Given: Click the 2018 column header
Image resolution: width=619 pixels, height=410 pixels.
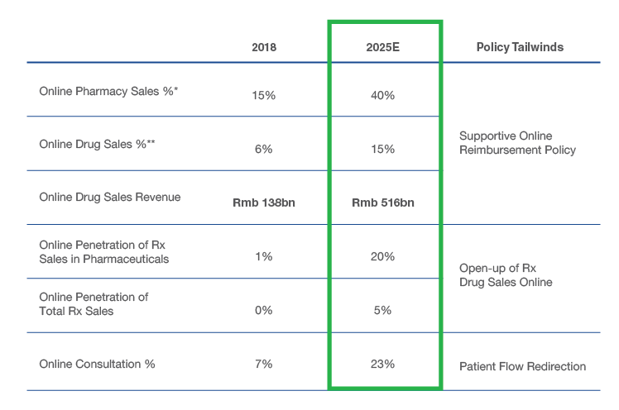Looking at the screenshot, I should (264, 47).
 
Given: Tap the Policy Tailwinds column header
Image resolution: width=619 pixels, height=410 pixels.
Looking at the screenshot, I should (520, 47).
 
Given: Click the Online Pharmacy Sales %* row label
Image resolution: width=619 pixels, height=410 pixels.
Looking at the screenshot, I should (109, 91).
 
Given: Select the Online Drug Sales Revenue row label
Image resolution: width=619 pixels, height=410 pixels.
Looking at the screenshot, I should (110, 198).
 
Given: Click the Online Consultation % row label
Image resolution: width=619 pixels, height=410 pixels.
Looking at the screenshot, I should (98, 364).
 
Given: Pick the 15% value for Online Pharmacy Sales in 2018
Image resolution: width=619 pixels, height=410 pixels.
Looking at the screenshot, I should (263, 95).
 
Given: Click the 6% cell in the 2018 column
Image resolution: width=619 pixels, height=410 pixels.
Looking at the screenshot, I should (263, 149).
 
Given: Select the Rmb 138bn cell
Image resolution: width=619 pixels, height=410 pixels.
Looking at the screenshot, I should (263, 203).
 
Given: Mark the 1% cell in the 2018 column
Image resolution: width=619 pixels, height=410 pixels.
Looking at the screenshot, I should (263, 256).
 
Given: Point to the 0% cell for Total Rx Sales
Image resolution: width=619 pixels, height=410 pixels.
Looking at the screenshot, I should (263, 310).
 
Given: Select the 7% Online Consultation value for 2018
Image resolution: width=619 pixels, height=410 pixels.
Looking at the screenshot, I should (263, 364).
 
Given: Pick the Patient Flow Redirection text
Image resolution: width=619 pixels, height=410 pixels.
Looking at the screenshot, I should (522, 366).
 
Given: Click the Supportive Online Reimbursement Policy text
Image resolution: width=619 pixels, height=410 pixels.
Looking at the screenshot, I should (517, 142).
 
